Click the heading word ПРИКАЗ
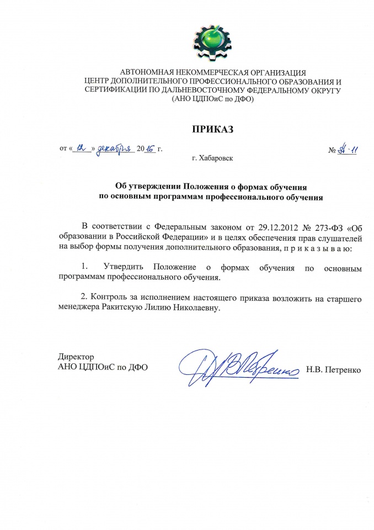point(213,130)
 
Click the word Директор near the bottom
point(72,357)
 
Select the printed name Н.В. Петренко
point(334,368)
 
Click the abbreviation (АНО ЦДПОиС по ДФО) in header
point(212,100)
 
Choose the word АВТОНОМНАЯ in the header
point(152,72)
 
